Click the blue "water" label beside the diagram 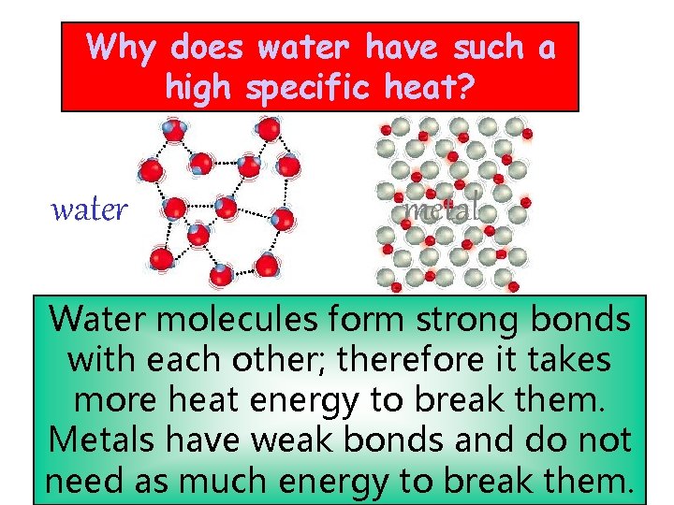click(88, 209)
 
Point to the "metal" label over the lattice click(440, 209)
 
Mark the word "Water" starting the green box click(96, 319)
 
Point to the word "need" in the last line click(84, 481)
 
